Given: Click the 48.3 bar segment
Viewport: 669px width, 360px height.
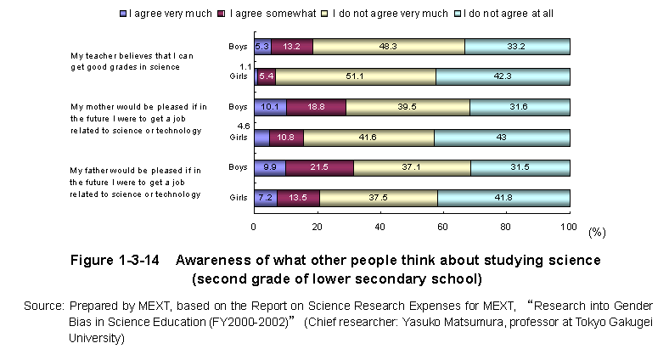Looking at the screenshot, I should [x=389, y=47].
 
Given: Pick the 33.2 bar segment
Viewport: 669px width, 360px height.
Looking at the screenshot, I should [x=517, y=47].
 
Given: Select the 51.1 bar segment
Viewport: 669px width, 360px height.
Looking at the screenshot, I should [x=356, y=77].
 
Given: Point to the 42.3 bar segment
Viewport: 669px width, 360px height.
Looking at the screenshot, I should [x=503, y=77].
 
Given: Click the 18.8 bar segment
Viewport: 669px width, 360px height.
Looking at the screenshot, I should [x=316, y=107].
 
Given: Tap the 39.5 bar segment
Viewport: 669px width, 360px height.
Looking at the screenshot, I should [x=408, y=107].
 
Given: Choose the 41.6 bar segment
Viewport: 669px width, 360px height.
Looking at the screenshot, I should [x=368, y=138].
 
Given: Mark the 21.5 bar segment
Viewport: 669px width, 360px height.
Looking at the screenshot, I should [x=319, y=168].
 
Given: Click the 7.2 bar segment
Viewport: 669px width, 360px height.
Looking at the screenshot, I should [x=265, y=198].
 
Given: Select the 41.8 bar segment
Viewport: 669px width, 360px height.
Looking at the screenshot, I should [x=503, y=198].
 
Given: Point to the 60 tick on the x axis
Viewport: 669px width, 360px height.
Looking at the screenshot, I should [x=443, y=227].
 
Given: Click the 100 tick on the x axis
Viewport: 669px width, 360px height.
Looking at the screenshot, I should [x=570, y=227].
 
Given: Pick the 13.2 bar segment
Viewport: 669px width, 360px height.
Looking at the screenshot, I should [x=292, y=47].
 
